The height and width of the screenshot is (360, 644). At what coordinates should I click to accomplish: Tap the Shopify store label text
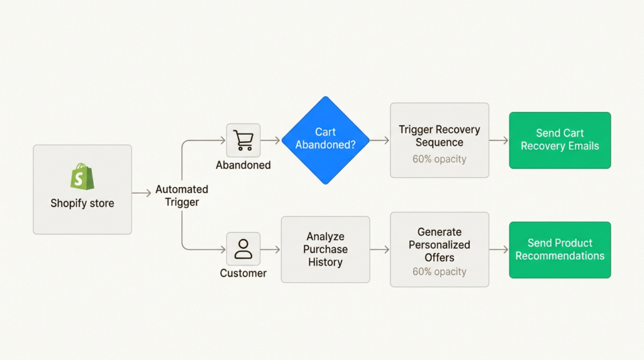click(82, 203)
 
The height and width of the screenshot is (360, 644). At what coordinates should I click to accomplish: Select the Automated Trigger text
click(182, 196)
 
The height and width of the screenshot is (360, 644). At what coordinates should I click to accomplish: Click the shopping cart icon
click(243, 140)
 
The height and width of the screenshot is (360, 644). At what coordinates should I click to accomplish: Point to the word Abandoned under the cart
click(243, 166)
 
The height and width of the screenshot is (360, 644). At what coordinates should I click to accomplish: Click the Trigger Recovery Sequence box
click(439, 140)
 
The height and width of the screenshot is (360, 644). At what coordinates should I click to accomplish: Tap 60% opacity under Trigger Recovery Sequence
click(439, 159)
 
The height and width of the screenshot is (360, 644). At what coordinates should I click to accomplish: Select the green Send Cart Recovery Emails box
click(560, 140)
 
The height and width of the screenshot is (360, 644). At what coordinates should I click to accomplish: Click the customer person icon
click(243, 249)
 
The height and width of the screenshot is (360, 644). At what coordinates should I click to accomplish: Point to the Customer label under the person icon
click(243, 273)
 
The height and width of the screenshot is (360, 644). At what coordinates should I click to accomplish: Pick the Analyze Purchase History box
click(325, 249)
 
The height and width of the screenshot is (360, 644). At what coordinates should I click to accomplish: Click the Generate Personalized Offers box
click(439, 249)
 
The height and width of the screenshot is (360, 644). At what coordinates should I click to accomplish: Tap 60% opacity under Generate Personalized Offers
click(439, 272)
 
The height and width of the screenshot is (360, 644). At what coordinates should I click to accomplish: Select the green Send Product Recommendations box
click(560, 249)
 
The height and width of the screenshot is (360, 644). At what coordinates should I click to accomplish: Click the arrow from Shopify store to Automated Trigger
click(141, 193)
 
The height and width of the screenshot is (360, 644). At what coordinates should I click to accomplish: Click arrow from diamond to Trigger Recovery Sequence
click(379, 140)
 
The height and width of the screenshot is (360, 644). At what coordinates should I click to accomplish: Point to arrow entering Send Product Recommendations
click(499, 250)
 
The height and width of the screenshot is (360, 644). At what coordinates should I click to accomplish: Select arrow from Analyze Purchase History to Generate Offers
click(380, 250)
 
